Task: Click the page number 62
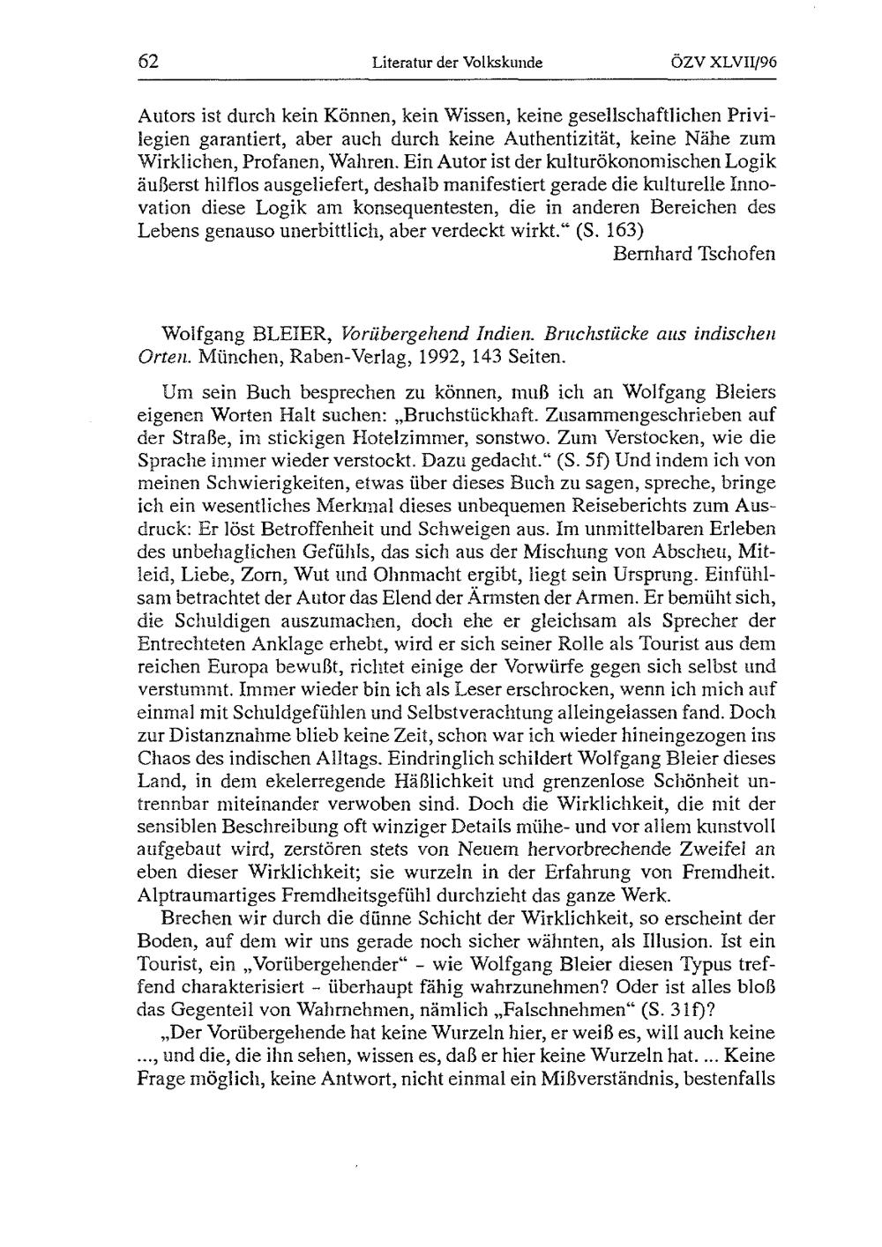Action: point(148,63)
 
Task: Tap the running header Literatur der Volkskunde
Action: point(457,63)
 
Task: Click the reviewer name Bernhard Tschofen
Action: point(694,254)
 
